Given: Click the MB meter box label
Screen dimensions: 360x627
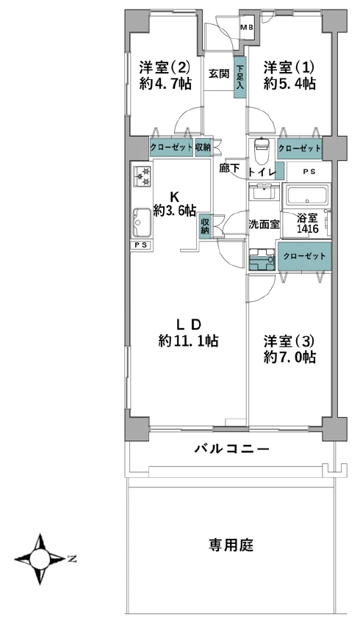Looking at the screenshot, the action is tap(246, 28).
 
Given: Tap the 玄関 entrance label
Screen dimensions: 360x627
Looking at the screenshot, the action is tap(219, 74).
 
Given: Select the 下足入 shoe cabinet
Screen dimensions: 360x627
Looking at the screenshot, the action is tap(240, 77).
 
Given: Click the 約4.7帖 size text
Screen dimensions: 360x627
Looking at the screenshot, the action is tap(165, 84).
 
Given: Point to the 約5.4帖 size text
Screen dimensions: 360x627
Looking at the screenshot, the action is tap(289, 84).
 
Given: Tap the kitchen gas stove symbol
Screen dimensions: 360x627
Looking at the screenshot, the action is tap(142, 176).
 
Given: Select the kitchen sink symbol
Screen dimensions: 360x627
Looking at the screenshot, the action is tap(142, 222).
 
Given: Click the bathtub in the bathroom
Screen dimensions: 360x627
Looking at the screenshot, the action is tap(306, 195).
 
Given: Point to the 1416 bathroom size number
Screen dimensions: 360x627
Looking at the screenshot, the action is tap(307, 229).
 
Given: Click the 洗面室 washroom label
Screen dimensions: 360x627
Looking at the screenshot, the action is tap(264, 225).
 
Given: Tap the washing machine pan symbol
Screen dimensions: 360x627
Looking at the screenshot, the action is tap(262, 260).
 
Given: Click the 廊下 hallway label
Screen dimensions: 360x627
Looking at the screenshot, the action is tap(229, 168).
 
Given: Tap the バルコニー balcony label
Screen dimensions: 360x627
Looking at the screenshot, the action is tap(232, 449).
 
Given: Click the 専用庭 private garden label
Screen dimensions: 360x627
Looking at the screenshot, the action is tap(231, 545).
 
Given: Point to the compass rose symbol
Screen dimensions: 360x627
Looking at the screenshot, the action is tap(40, 559).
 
